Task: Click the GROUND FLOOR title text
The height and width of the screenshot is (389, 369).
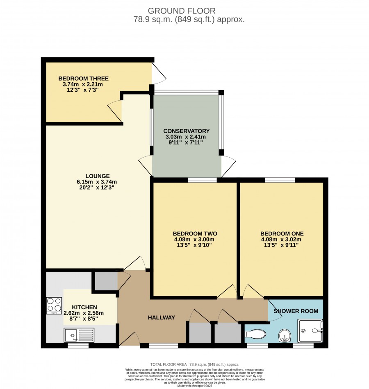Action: coord(182,11)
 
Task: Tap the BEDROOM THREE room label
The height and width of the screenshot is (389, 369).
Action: coord(84,78)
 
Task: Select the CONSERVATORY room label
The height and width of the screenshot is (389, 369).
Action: coord(187,131)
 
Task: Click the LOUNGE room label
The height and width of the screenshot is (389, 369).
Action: coord(98,176)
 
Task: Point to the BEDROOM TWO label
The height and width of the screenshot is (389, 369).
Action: coord(195,233)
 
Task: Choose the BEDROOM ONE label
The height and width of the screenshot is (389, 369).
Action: coord(282,233)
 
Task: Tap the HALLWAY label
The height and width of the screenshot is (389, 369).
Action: coord(162,317)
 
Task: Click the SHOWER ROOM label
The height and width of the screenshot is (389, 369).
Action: coord(296,311)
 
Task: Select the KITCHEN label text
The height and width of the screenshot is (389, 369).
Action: coord(84,307)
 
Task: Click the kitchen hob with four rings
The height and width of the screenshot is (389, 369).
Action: coord(54,305)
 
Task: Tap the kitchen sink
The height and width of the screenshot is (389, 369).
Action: coord(79,335)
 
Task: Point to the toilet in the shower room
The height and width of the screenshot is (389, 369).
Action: coord(255,334)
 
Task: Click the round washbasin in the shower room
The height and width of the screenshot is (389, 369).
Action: coord(285,336)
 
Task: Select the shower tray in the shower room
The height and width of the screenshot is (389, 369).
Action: coord(310,331)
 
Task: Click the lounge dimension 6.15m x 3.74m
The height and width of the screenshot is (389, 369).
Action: coord(97,182)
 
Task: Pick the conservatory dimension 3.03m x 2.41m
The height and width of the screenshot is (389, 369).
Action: coord(186,137)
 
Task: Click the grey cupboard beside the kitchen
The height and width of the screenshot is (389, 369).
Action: coord(106,281)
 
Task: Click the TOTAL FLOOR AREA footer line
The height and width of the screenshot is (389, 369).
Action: coord(195,364)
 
